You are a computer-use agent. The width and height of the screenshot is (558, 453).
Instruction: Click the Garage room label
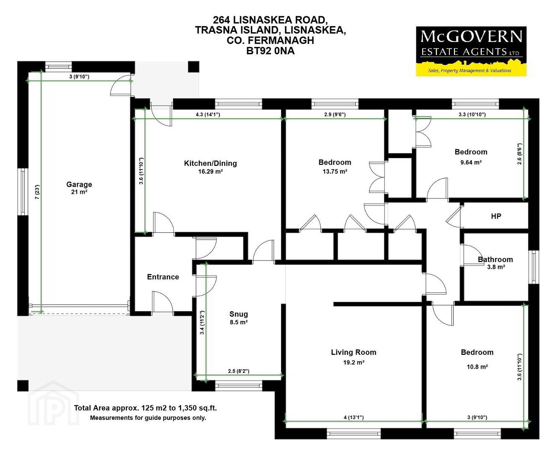[x=79, y=185]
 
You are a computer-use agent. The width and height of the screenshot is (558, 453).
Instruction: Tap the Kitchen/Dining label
[x=210, y=163]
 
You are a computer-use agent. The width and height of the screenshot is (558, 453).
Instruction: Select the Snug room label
[x=238, y=314]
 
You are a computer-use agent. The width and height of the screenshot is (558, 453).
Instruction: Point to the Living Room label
[x=354, y=352]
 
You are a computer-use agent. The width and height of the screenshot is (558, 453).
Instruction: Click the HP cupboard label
[x=496, y=216]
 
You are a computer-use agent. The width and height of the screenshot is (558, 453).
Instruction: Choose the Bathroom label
[x=495, y=259]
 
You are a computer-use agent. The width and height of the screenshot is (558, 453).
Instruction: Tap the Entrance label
[x=163, y=277]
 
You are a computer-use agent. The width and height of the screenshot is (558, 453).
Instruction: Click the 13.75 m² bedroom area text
[x=335, y=172]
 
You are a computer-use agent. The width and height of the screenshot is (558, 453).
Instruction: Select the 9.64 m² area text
[x=471, y=162]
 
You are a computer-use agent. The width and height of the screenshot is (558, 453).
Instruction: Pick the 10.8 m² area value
[x=477, y=367]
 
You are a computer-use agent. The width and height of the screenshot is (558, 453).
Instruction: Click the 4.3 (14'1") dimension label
[x=208, y=115]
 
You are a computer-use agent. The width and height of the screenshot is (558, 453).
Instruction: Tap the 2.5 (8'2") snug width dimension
[x=238, y=371]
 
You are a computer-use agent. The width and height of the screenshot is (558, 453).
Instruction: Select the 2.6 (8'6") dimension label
[x=519, y=154]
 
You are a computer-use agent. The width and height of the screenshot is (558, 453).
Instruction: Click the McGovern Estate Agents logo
[x=471, y=52]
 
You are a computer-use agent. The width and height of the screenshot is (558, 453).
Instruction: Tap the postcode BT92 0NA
[x=270, y=51]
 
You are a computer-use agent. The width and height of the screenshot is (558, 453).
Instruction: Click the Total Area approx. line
[x=145, y=408]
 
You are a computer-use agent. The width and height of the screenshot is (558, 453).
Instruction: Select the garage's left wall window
[x=23, y=192]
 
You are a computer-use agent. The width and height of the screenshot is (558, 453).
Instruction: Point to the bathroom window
[x=533, y=267]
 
